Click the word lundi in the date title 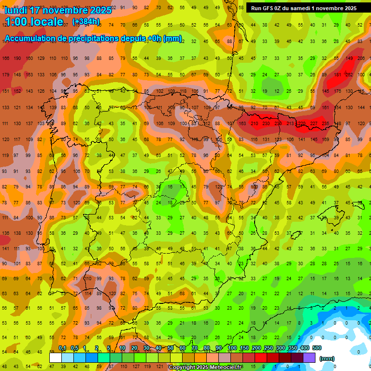[x=16, y=10]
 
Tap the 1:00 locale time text [x=33, y=22]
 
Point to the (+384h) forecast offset [x=86, y=21]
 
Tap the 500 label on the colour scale [x=317, y=348]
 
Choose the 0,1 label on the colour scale [x=62, y=348]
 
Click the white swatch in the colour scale [x=56, y=357]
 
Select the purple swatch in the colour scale [x=310, y=357]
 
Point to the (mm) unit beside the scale [x=327, y=358]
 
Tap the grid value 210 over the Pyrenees [x=254, y=123]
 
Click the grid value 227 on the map [x=314, y=123]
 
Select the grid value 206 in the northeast [x=360, y=58]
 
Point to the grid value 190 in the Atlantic [x=17, y=58]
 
